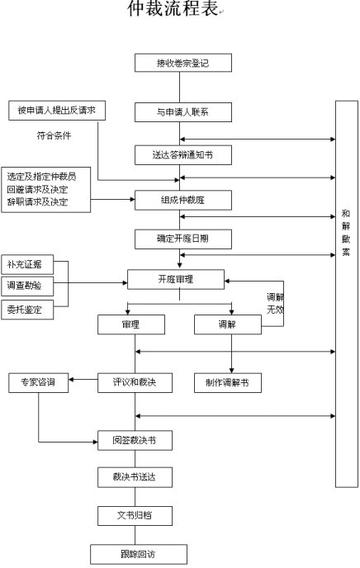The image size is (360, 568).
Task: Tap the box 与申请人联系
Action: tap(183, 110)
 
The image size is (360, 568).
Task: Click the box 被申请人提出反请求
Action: tap(58, 108)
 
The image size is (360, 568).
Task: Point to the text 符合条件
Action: tap(56, 134)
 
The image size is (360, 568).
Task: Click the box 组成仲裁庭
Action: tap(183, 198)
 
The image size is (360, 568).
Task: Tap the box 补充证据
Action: tap(35, 265)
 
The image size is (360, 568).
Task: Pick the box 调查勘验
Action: tap(35, 285)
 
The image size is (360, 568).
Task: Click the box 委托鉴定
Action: tap(35, 308)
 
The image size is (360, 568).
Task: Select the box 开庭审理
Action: tap(179, 278)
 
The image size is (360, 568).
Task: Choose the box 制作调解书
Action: tap(234, 382)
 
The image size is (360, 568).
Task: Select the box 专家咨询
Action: tap(39, 382)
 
